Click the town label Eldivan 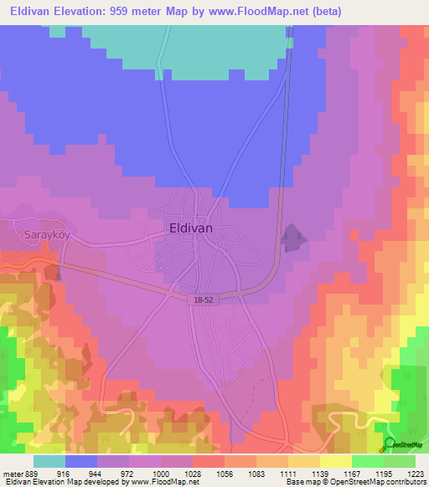(190, 227)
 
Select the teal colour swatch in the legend (49, 461)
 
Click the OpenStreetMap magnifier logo (389, 443)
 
